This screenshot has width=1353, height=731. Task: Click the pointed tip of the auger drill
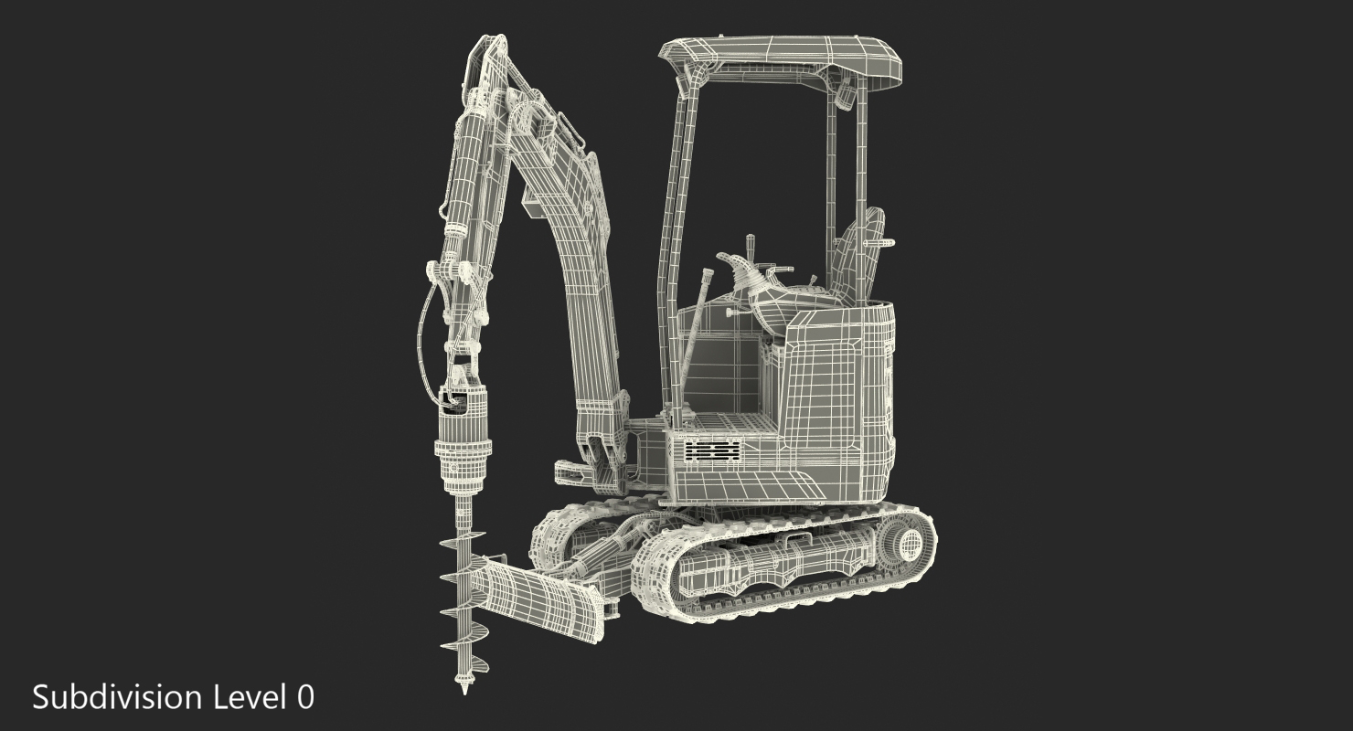[464, 693]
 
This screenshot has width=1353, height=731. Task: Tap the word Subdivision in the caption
[117, 697]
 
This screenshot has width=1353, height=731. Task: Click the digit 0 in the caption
[306, 698]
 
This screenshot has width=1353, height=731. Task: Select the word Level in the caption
[250, 697]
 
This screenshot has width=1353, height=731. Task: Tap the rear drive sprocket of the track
[905, 546]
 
